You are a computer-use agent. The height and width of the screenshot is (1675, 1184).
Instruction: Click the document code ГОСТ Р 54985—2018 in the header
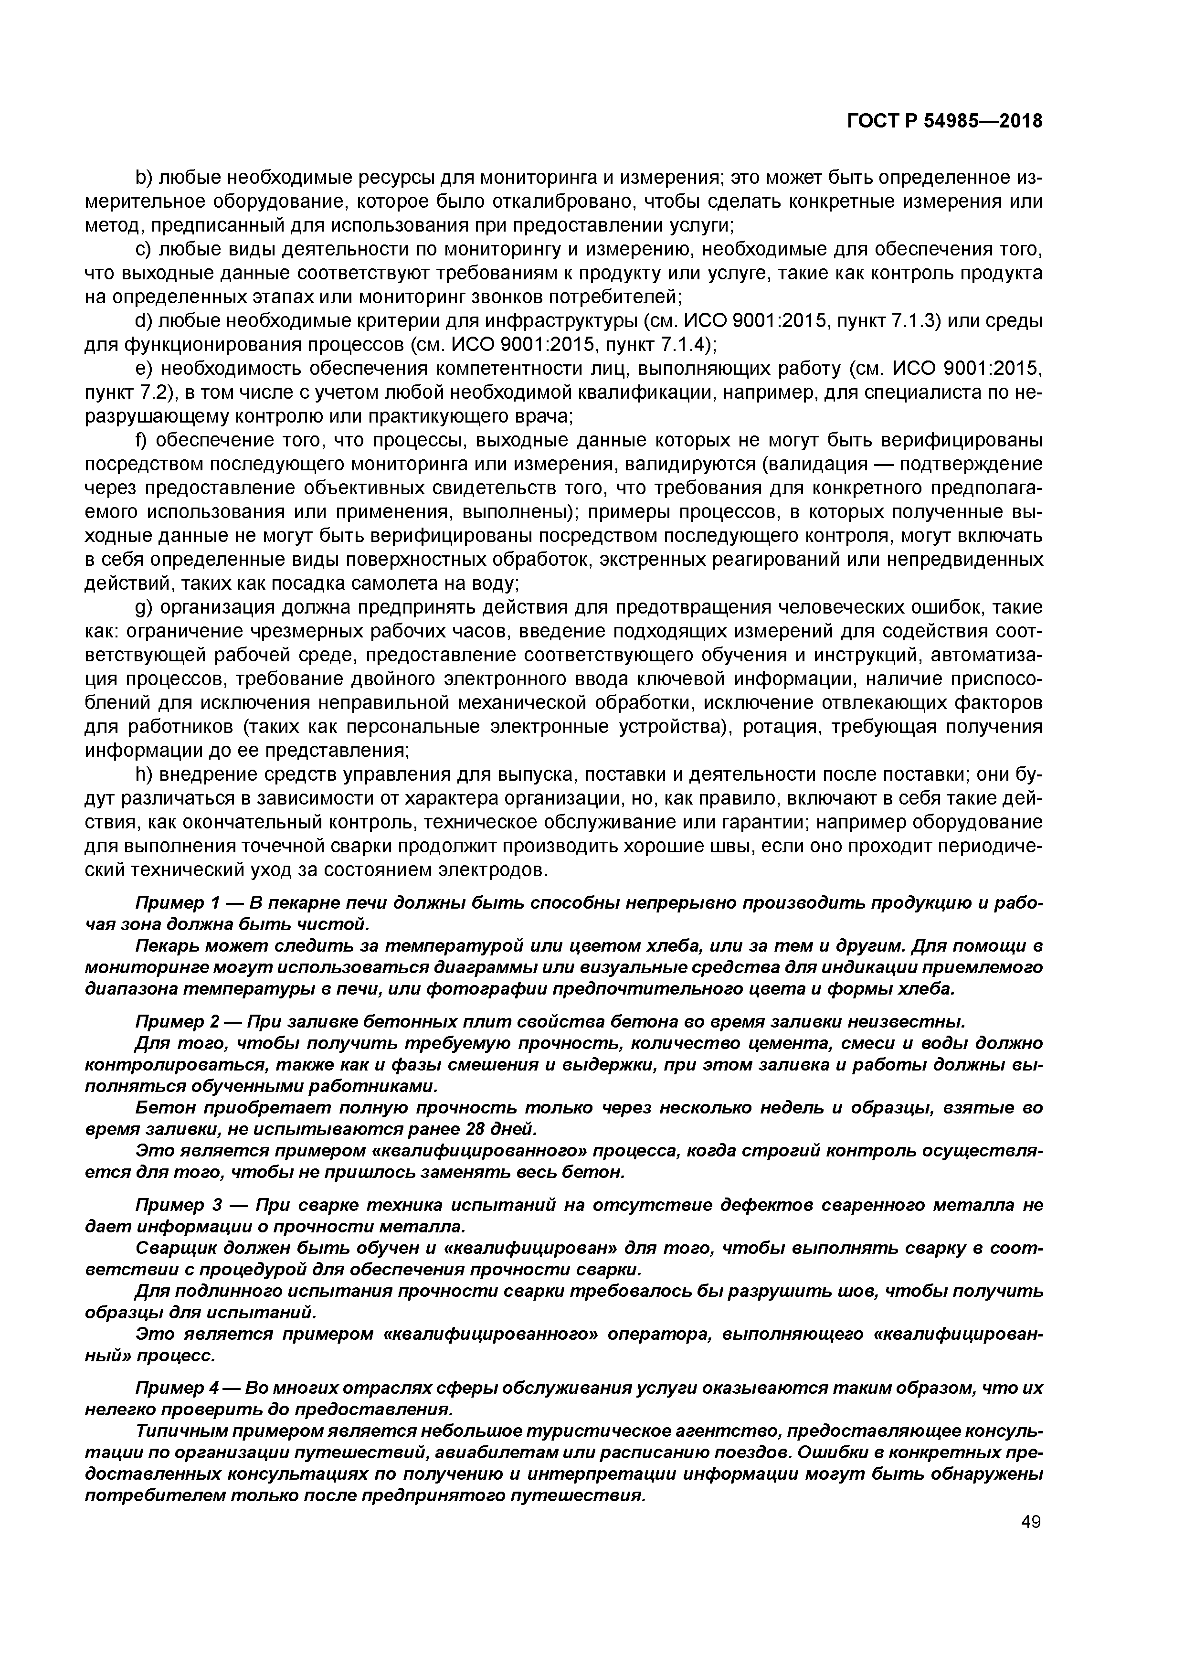click(945, 122)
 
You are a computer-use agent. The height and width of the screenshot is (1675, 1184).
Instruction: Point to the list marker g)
click(144, 608)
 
